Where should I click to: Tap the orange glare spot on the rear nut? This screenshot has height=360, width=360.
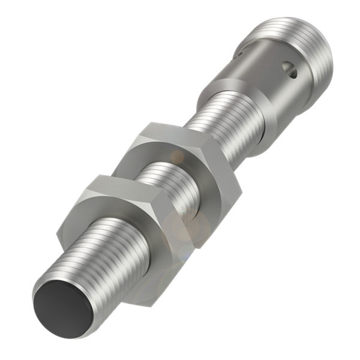click(178, 157)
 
